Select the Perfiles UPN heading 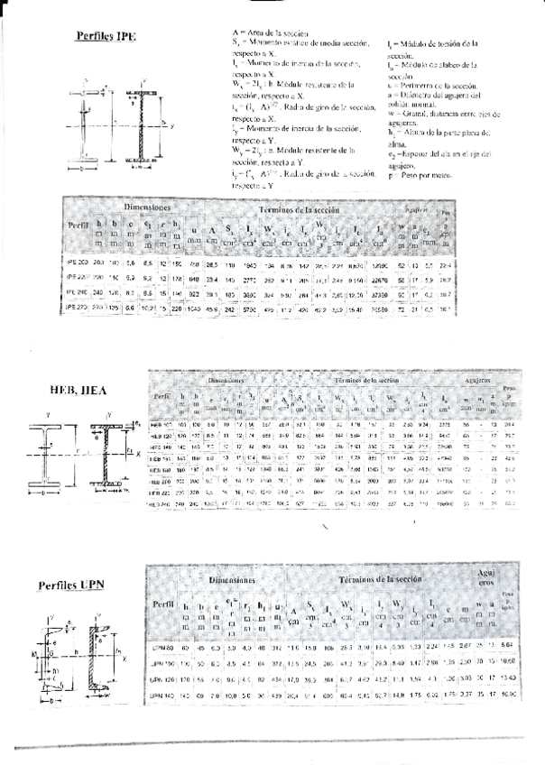71,585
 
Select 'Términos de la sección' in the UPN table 386,578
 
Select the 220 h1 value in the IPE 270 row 179,309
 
